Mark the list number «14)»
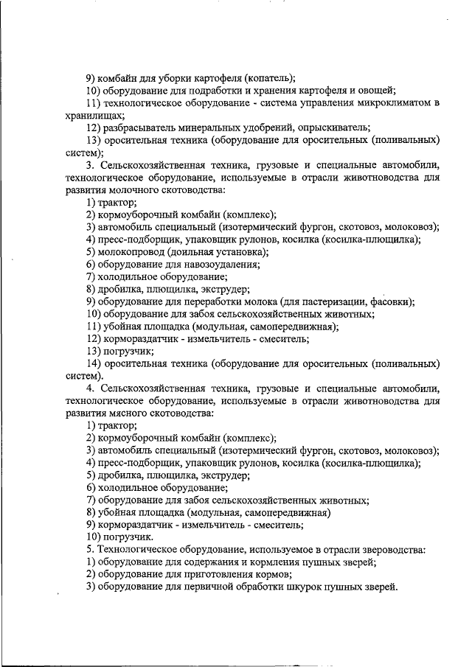[x=94, y=363]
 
